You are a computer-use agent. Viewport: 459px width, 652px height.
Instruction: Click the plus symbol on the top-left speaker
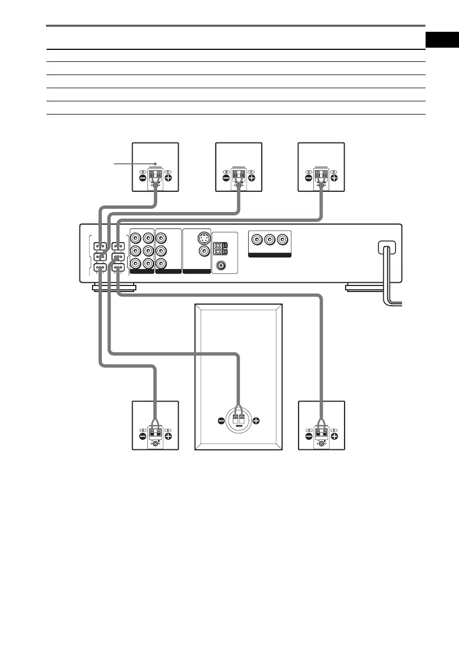tap(168, 178)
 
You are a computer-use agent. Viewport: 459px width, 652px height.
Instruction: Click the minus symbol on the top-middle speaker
tap(226, 178)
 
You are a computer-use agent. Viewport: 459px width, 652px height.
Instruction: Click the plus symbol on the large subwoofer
tap(256, 421)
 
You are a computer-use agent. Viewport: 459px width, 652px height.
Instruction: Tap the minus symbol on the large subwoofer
tap(221, 421)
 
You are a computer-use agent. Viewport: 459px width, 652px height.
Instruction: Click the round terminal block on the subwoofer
tap(239, 420)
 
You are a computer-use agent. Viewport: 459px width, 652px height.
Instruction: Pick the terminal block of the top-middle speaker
tap(239, 178)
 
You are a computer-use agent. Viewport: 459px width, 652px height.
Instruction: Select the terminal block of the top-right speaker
tap(321, 178)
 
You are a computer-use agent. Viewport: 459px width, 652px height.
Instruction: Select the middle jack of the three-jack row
tap(269, 239)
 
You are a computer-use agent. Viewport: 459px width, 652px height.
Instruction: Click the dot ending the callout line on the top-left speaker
tap(156, 163)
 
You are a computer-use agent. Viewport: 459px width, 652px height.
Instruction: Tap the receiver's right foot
tap(374, 287)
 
